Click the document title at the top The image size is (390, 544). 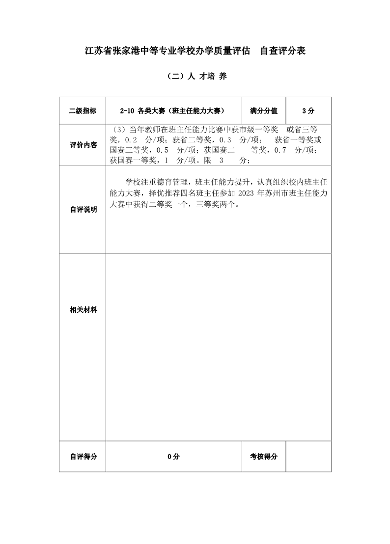(195, 51)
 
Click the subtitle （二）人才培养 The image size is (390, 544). (195, 77)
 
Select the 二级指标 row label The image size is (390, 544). (83, 110)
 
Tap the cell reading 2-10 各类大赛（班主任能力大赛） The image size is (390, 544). (174, 110)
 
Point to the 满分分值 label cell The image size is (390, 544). (264, 110)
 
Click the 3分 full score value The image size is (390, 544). (308, 110)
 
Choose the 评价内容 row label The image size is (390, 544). (83, 145)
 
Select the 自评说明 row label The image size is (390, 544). (83, 210)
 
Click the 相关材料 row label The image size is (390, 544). (83, 310)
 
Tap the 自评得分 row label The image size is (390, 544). (83, 457)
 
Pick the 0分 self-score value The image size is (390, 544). (173, 457)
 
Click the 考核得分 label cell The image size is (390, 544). (264, 457)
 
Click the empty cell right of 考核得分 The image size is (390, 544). (308, 457)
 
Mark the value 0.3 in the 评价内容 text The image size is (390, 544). (225, 140)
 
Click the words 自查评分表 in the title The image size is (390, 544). (282, 51)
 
